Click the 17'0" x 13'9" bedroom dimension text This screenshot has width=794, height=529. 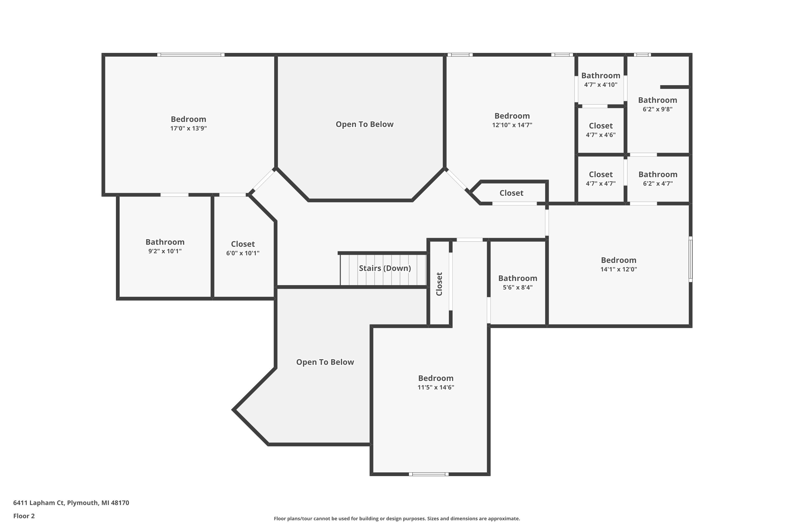tap(188, 129)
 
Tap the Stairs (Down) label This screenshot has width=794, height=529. tap(385, 268)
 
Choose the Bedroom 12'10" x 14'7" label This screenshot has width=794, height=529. tap(512, 120)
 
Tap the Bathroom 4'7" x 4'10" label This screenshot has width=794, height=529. tap(601, 80)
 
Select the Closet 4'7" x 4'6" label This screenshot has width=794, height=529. tap(601, 130)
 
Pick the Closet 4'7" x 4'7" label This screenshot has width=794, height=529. tap(601, 179)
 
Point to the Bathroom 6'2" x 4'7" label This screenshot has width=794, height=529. tap(658, 179)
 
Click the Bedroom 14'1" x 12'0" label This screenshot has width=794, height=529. tap(619, 264)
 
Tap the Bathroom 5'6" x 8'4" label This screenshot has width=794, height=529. tap(517, 282)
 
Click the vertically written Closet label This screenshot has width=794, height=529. tap(439, 284)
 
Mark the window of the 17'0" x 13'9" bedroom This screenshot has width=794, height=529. tap(191, 55)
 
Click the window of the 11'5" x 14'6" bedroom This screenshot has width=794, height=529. tap(429, 474)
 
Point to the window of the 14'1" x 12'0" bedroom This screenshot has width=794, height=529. tap(690, 259)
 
